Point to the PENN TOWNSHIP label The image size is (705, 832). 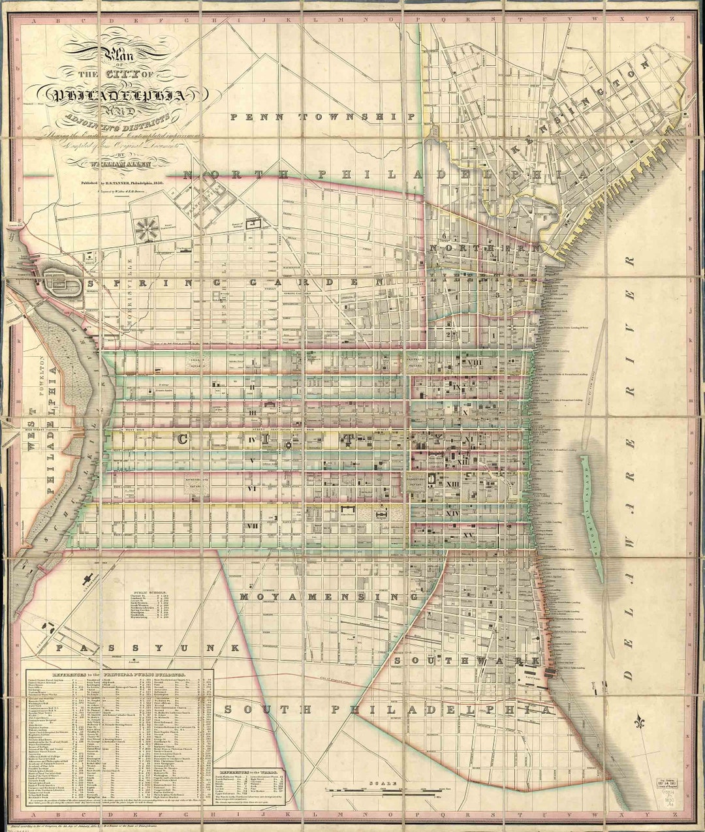pos(323,116)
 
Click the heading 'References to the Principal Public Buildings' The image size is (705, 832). pos(119,672)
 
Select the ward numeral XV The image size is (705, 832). pos(467,535)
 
